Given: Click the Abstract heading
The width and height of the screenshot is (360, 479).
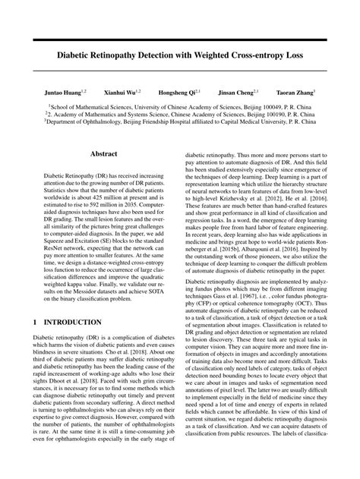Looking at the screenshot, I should pyautogui.click(x=103, y=153).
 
